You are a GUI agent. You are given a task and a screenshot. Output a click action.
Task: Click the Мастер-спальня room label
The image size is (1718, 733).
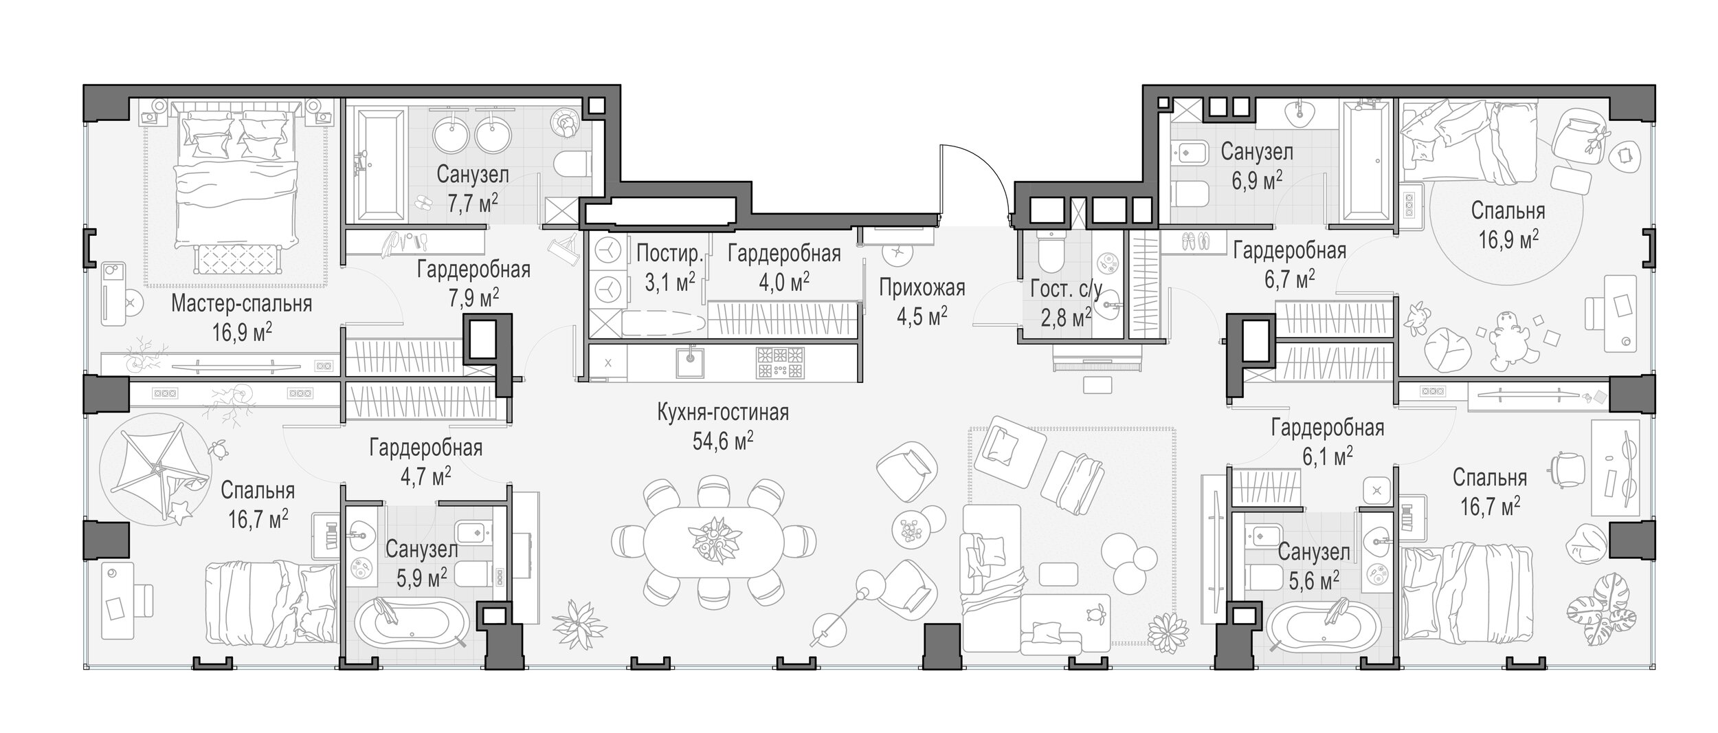pyautogui.click(x=241, y=303)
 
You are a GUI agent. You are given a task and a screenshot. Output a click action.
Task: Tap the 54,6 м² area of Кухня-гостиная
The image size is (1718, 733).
pyautogui.click(x=723, y=441)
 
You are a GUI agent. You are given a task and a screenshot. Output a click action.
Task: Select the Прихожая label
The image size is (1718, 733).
pyautogui.click(x=922, y=287)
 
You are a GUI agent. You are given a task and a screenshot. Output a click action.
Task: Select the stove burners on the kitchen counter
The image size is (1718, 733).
pyautogui.click(x=780, y=363)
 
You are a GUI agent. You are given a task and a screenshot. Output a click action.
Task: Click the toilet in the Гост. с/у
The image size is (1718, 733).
pyautogui.click(x=1051, y=252)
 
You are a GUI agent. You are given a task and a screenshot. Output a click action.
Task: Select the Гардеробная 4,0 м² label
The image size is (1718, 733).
pyautogui.click(x=784, y=266)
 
